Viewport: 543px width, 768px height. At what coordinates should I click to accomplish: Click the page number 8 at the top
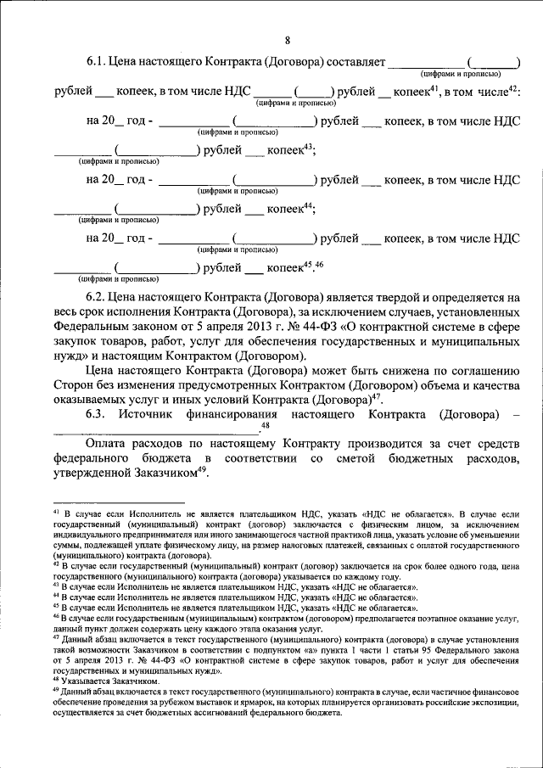(x=287, y=40)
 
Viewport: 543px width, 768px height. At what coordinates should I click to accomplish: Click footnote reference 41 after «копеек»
(x=433, y=87)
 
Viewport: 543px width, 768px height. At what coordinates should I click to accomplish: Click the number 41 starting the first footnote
(x=56, y=513)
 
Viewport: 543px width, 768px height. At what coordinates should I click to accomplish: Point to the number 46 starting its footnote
(x=56, y=619)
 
